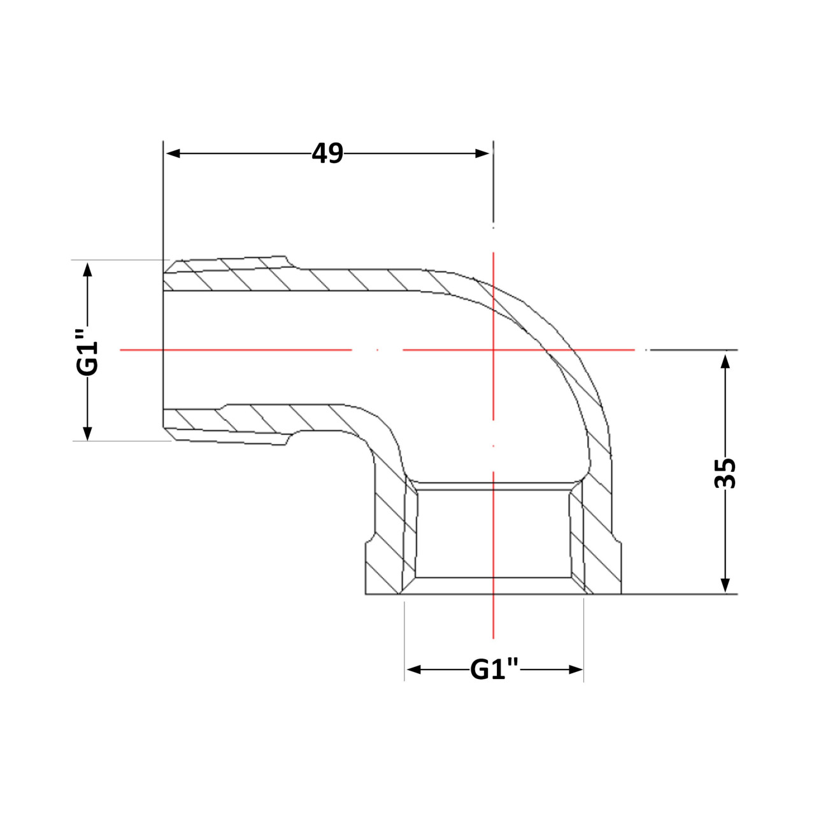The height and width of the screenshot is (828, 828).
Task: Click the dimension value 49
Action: pyautogui.click(x=327, y=153)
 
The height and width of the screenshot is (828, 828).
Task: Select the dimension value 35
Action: pyautogui.click(x=725, y=473)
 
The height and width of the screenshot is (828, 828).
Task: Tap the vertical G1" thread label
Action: pyautogui.click(x=87, y=352)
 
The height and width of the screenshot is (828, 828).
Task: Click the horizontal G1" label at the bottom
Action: pyautogui.click(x=494, y=669)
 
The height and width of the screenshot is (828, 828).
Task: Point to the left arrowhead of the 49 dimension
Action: pyautogui.click(x=173, y=153)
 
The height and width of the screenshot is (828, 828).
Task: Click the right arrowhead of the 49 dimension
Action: pyautogui.click(x=482, y=153)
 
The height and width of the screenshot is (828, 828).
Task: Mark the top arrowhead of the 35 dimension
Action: pyautogui.click(x=725, y=362)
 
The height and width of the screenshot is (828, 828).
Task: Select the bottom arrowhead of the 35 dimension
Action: pyautogui.click(x=725, y=584)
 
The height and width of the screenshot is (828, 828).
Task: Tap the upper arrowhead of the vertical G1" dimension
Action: pyautogui.click(x=87, y=270)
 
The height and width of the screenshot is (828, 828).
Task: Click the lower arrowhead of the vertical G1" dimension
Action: pyautogui.click(x=87, y=433)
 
